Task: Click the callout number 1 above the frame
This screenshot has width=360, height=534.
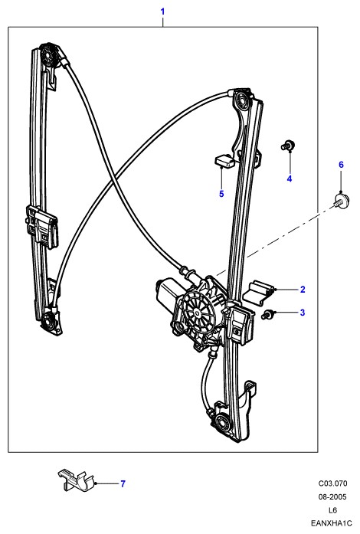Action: coord(162,11)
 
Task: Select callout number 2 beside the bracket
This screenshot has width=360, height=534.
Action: coord(303,290)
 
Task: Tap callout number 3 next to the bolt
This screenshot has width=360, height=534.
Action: coord(303,313)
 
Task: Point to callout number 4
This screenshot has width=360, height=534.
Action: coord(290,179)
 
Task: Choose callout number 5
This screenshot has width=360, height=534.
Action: coord(221,194)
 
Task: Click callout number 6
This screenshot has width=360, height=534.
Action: coord(341,165)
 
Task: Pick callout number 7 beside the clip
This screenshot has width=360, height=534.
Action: coord(123,483)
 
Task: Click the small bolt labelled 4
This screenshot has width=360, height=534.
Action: coord(288,146)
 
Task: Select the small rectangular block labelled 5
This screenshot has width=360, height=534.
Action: coord(224,161)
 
